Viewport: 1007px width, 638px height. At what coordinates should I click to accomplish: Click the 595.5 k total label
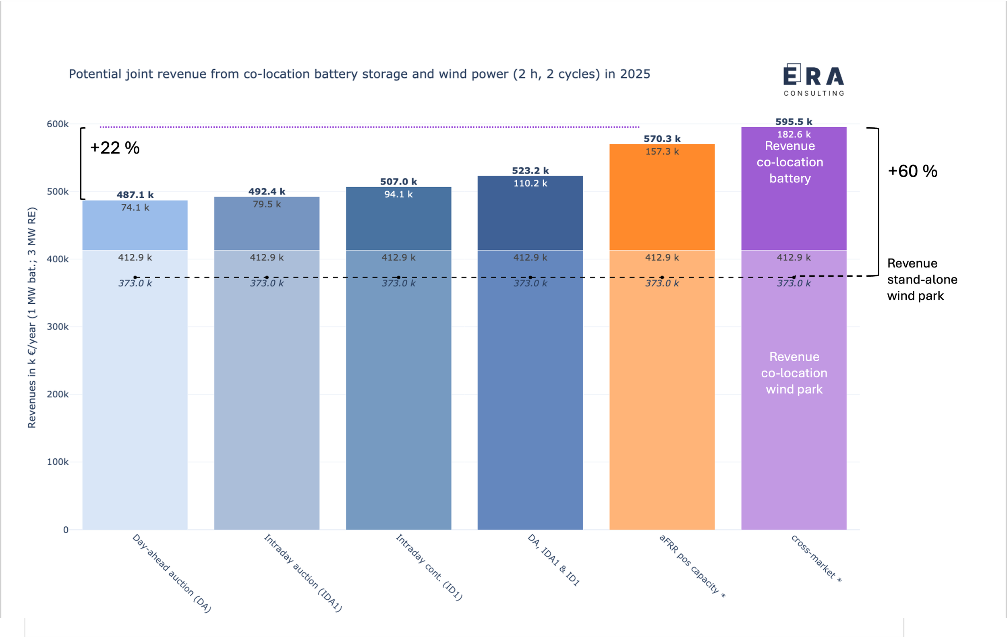(793, 122)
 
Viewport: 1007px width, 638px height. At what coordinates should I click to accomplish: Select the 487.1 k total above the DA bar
(135, 195)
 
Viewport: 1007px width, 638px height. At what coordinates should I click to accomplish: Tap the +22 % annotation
(115, 148)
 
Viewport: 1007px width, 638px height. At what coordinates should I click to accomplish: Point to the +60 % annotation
(912, 172)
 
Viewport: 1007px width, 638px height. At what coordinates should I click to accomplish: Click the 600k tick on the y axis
(58, 124)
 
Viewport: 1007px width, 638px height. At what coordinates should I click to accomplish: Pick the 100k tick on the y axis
(58, 462)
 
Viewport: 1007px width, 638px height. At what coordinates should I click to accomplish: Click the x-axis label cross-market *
(816, 559)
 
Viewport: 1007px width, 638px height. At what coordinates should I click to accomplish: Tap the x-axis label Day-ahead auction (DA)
(172, 573)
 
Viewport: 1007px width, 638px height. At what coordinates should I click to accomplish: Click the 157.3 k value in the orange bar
(662, 151)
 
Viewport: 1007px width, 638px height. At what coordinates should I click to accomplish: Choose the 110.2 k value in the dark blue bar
(530, 183)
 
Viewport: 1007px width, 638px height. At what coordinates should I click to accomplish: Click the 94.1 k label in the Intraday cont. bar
(398, 195)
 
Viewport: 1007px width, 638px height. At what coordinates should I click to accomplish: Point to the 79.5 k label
(267, 205)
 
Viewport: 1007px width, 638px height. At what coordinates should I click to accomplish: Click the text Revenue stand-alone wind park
(922, 279)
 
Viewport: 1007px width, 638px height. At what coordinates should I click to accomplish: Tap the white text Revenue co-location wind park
(794, 373)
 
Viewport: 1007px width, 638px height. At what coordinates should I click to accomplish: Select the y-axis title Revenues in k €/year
(32, 318)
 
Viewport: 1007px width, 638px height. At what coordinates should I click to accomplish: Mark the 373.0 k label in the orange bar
(662, 284)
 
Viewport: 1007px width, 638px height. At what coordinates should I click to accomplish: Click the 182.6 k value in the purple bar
(793, 135)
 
